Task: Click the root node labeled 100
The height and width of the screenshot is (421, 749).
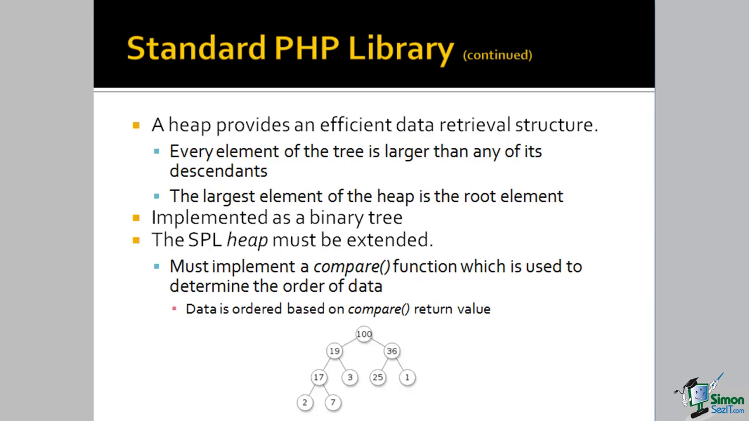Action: (364, 334)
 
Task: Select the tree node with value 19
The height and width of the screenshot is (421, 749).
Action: (334, 351)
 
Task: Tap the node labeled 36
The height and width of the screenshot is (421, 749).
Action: (391, 351)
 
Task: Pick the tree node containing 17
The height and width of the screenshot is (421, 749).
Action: (319, 377)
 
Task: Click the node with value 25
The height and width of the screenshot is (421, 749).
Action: (378, 377)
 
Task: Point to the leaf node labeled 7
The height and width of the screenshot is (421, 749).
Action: (333, 402)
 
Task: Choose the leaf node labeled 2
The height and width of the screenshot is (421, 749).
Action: (305, 402)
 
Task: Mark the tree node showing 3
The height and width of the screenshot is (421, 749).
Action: (350, 377)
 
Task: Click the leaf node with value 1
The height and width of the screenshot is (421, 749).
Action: (407, 377)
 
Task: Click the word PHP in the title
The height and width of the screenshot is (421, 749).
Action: (307, 48)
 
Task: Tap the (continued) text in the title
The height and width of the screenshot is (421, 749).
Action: (497, 55)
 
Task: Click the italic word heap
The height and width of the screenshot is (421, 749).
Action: (248, 240)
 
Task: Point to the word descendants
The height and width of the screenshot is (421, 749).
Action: (218, 171)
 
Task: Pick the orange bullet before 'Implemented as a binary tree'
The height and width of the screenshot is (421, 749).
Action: (136, 218)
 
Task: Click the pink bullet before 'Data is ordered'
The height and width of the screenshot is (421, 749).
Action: (174, 308)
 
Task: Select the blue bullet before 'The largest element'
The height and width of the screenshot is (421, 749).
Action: (156, 196)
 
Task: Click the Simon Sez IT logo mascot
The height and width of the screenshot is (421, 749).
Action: (697, 396)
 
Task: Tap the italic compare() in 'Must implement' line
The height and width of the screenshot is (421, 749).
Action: (352, 267)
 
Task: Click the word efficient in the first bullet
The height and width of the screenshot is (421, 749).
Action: (355, 125)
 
